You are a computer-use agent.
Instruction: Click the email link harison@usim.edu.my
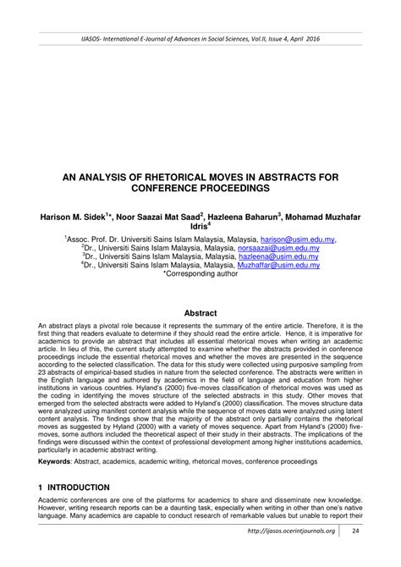tap(299, 239)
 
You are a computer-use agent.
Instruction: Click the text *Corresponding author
tap(200, 274)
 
